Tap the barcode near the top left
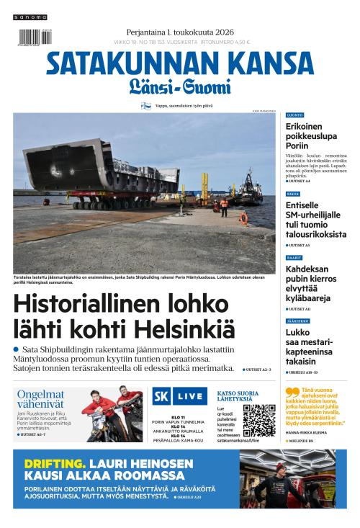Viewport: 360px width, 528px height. (30, 38)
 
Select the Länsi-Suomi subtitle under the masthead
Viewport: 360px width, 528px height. (180, 89)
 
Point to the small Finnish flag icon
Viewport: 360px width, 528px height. (145, 105)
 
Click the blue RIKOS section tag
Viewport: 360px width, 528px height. (293, 194)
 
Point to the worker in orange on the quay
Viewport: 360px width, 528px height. (223, 208)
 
